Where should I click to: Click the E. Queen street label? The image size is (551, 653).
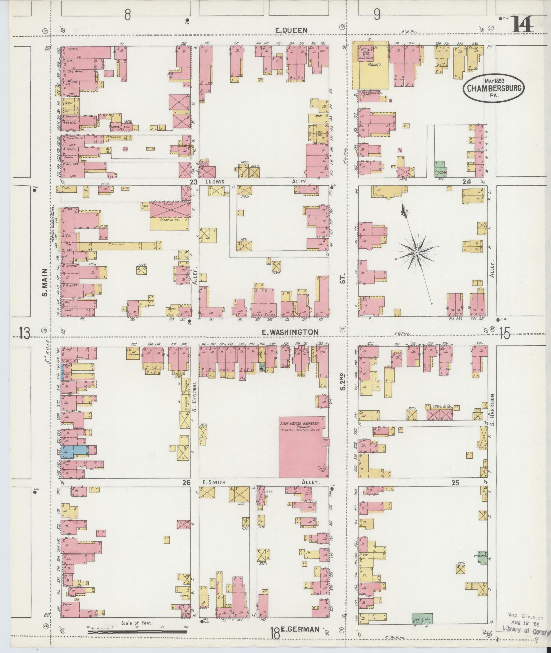(291, 31)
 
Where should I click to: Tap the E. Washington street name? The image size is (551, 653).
(290, 332)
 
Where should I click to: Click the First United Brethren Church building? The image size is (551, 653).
(303, 447)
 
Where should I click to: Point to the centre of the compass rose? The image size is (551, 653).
(417, 253)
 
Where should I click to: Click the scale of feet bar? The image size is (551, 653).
(137, 632)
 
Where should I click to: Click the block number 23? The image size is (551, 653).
(194, 182)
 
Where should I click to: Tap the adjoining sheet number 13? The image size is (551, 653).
(25, 333)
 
